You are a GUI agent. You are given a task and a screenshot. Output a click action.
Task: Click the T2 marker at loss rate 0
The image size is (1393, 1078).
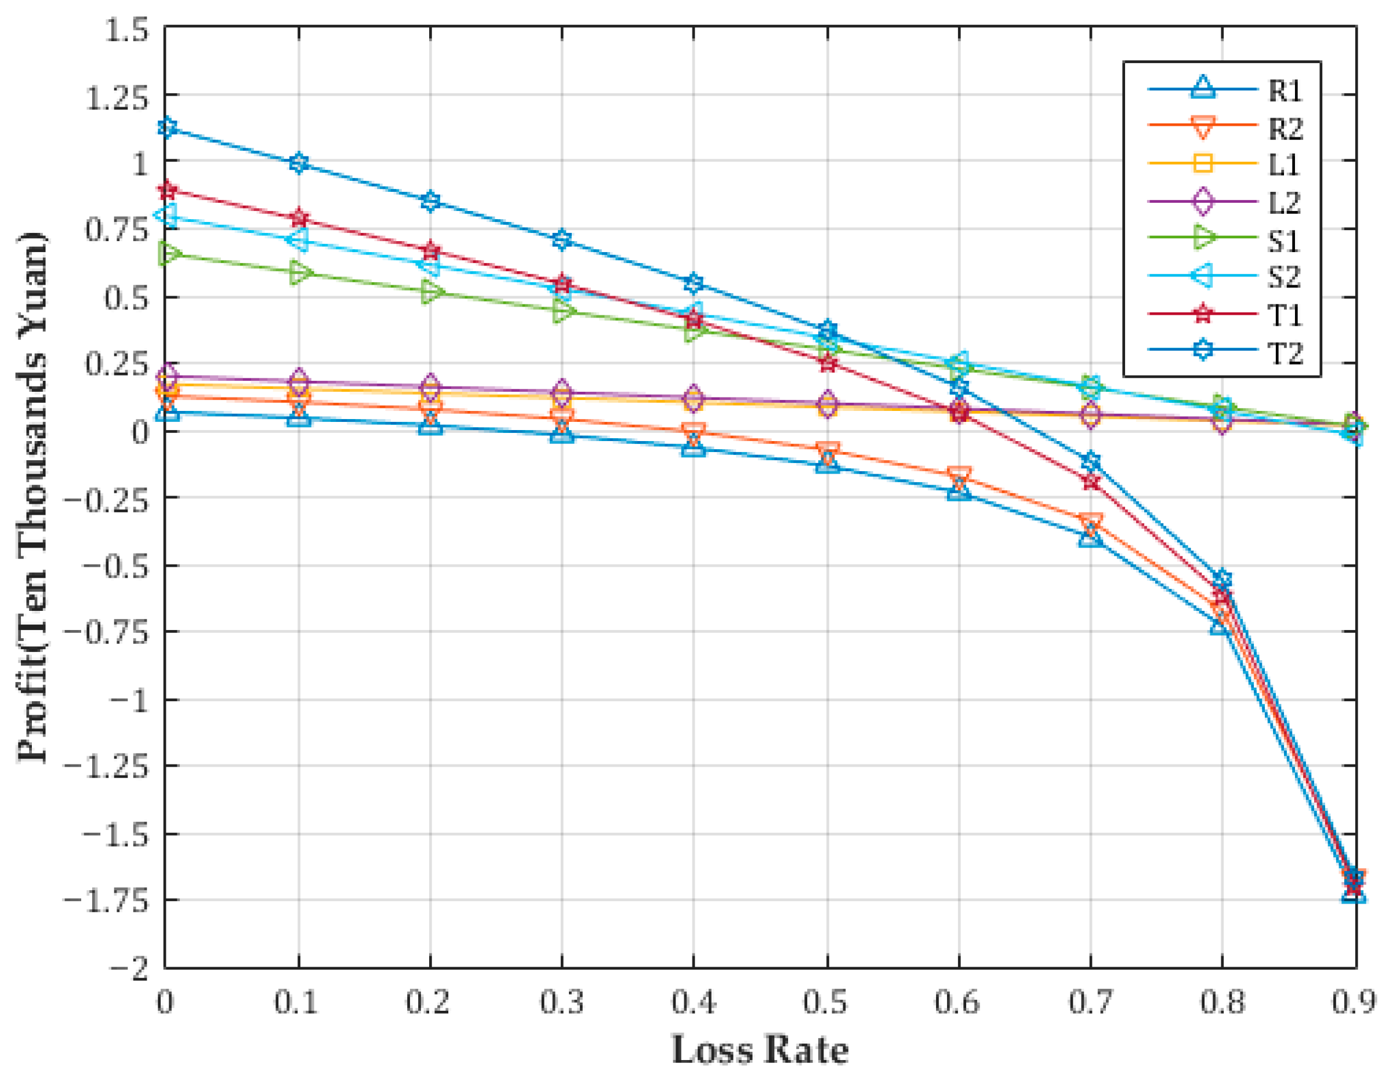click(167, 127)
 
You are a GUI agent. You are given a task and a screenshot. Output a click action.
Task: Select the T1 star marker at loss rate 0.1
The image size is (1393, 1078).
click(299, 218)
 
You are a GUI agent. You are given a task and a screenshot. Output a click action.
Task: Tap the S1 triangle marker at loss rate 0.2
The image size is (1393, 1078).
click(430, 293)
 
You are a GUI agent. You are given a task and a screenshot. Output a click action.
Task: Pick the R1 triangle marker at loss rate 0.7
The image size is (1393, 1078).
click(1091, 537)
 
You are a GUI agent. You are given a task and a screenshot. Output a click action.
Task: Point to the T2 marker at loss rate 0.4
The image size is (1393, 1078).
click(694, 282)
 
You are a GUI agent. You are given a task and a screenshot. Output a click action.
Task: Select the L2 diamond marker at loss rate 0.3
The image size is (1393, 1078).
click(562, 391)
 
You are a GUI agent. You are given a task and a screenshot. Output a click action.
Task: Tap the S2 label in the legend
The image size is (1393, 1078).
click(1283, 276)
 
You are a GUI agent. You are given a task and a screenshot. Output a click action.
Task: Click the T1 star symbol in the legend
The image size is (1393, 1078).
click(1202, 314)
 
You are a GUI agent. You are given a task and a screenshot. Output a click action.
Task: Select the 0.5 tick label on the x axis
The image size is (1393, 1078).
click(826, 1003)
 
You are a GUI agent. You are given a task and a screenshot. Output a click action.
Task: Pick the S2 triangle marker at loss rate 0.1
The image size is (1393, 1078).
click(298, 241)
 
